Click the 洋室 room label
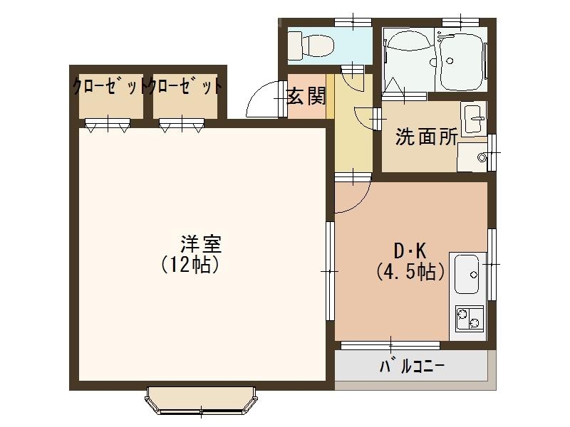201,244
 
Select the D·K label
410,251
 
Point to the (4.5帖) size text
411,271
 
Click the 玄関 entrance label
306,96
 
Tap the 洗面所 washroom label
426,137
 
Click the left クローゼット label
108,87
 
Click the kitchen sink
468,273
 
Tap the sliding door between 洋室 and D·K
330,270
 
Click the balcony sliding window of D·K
390,345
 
